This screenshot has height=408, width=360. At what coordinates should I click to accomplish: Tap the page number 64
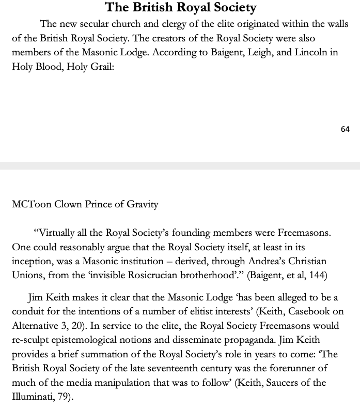coord(345,129)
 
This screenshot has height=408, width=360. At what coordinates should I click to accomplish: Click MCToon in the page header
coord(29,204)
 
